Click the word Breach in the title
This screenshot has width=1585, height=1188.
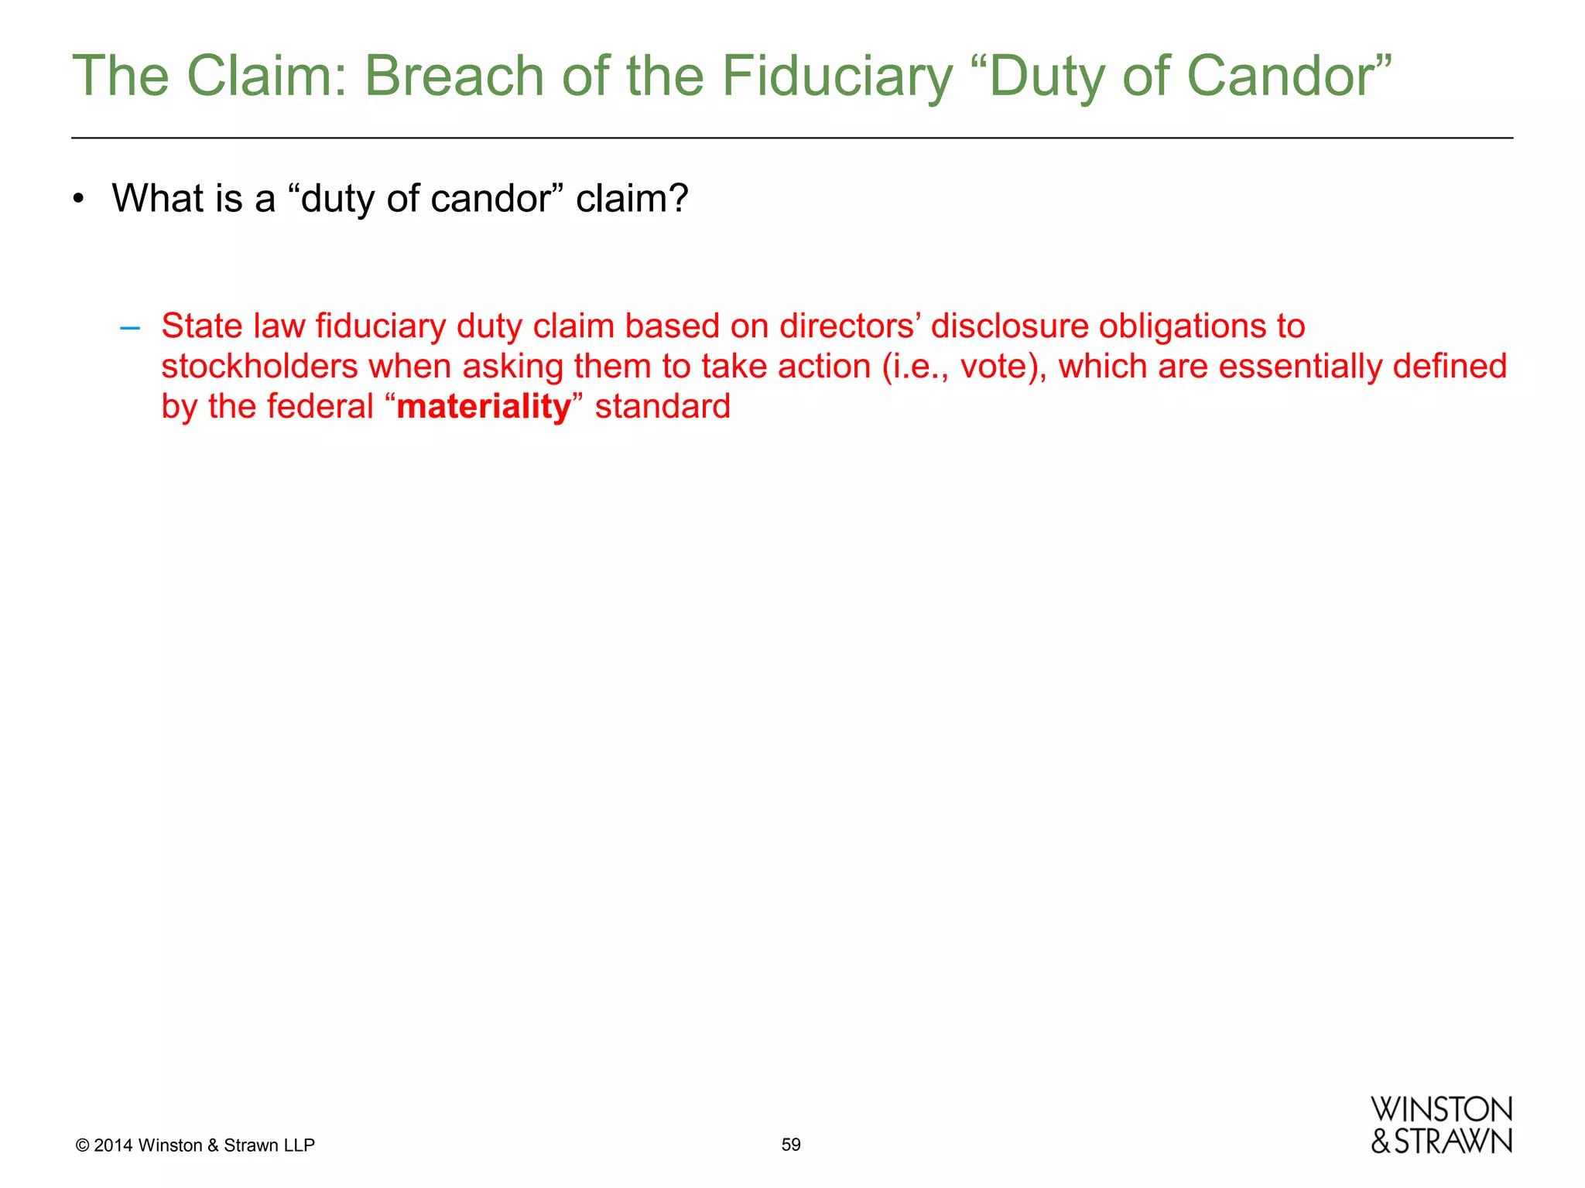point(454,77)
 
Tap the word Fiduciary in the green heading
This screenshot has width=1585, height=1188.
point(837,77)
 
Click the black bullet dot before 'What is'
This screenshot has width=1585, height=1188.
point(77,200)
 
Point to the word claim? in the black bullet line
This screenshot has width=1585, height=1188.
point(632,199)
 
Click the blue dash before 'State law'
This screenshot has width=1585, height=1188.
point(130,327)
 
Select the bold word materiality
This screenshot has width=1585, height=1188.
point(484,406)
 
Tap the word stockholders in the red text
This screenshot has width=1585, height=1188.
point(259,366)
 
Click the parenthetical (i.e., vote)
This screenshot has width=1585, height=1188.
point(964,366)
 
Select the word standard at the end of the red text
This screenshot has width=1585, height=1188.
point(662,406)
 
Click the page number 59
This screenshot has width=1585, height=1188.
point(791,1145)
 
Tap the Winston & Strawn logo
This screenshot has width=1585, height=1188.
point(1441,1125)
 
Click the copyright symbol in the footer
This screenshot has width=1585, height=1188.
point(82,1145)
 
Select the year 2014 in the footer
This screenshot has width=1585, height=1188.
point(113,1145)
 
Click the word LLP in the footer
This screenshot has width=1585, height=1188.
point(299,1145)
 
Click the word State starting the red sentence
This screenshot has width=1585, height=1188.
point(201,326)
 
